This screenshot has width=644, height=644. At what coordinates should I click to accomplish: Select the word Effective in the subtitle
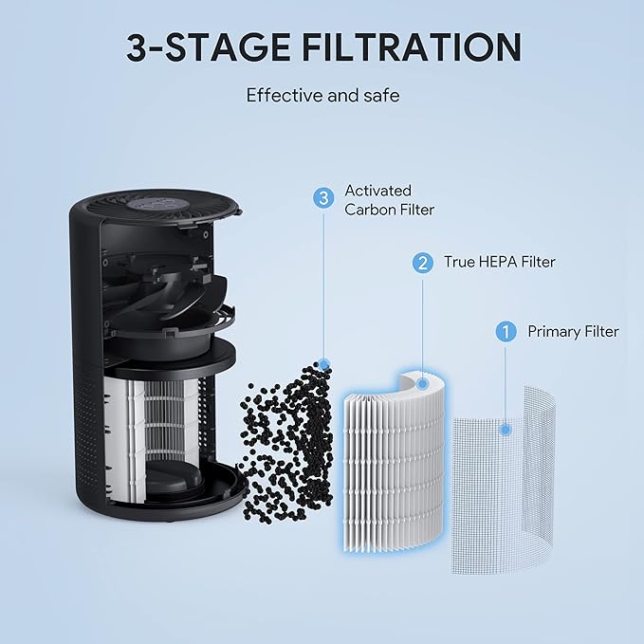(x=285, y=96)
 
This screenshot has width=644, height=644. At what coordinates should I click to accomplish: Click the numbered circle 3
(x=323, y=198)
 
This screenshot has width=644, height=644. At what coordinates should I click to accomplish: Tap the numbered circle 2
(x=423, y=262)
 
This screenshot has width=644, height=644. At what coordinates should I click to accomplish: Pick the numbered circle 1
(x=506, y=331)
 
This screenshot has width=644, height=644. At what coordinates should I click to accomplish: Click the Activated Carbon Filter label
(x=389, y=200)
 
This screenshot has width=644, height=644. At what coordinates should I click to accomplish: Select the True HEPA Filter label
(x=500, y=262)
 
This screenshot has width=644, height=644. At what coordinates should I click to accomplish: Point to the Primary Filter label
(x=573, y=332)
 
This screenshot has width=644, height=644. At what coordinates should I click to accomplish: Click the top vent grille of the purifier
(x=156, y=211)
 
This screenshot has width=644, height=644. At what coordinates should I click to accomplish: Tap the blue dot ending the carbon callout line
(x=324, y=364)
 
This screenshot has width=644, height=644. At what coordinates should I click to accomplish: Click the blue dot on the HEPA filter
(x=422, y=384)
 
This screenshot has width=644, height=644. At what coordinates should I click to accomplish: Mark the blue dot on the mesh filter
(x=506, y=430)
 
